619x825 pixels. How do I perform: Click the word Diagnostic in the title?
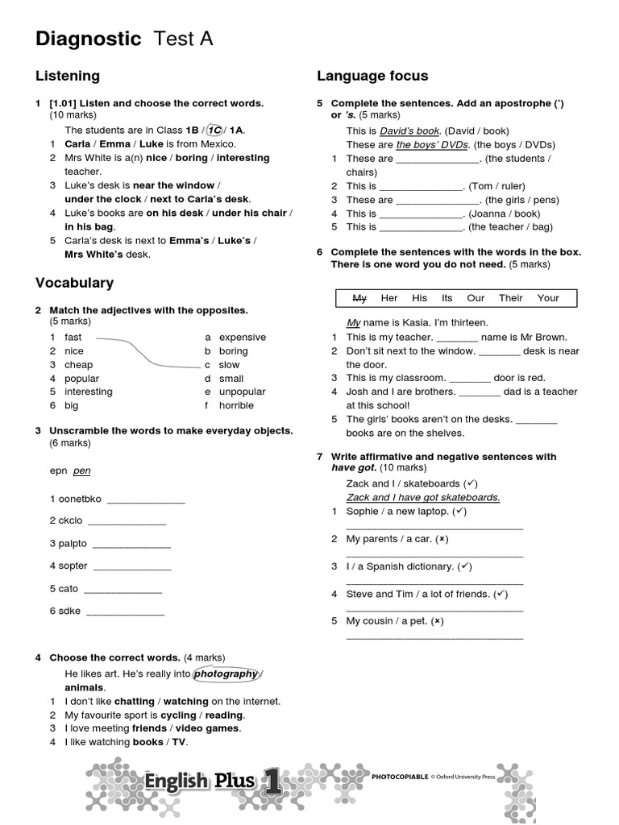pos(88,39)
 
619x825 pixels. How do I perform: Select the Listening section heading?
pos(68,76)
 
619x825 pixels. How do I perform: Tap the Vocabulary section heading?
pos(74,283)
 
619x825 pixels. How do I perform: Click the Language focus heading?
pos(372,76)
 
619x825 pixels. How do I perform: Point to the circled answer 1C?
pos(214,130)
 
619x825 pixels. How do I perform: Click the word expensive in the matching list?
pos(242,338)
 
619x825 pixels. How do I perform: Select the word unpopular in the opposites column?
pos(242,392)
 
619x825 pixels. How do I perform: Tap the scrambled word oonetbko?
pos(75,499)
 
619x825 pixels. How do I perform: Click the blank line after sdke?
pos(125,612)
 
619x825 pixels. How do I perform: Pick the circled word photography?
pos(226,674)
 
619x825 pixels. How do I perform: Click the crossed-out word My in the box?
pos(359,298)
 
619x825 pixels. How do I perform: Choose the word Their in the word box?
pos(510,298)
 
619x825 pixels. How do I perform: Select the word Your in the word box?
pos(548,298)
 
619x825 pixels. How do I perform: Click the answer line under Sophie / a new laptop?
pos(434,528)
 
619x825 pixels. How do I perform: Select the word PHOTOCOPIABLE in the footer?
pos(399,777)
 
